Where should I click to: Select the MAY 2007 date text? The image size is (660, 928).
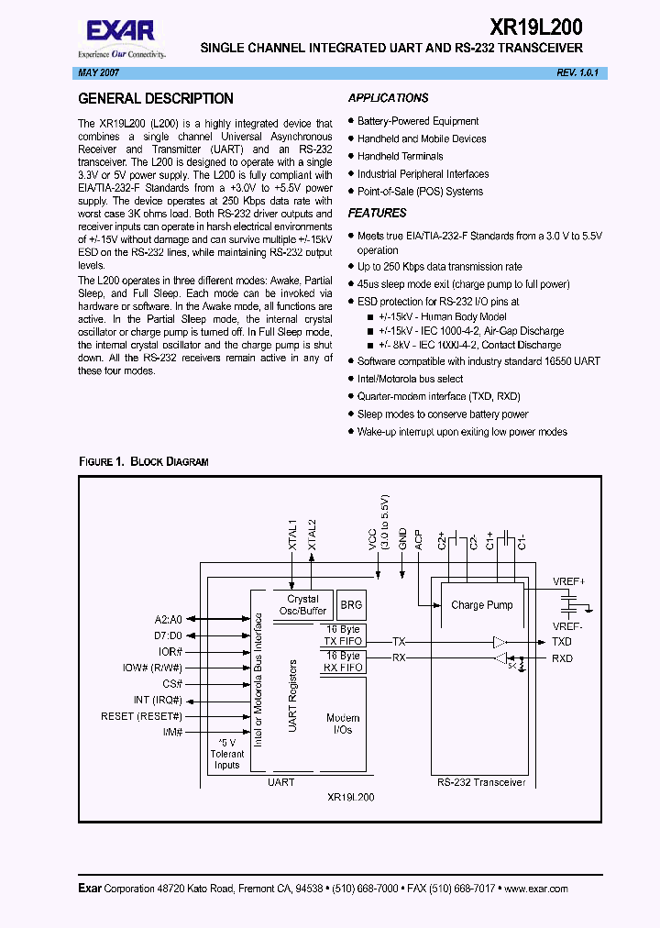pyautogui.click(x=95, y=72)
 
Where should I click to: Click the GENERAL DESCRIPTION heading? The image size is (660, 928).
pyautogui.click(x=156, y=99)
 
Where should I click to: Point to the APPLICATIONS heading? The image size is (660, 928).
pyautogui.click(x=388, y=98)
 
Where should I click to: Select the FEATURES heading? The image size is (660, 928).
pyautogui.click(x=377, y=213)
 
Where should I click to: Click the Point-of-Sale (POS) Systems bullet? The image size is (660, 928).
pyautogui.click(x=420, y=192)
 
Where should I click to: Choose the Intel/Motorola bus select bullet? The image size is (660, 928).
pyautogui.click(x=410, y=379)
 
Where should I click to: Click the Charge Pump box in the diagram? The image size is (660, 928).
pyautogui.click(x=481, y=605)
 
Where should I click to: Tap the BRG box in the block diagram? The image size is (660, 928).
pyautogui.click(x=351, y=605)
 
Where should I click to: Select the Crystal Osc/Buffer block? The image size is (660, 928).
pyautogui.click(x=302, y=605)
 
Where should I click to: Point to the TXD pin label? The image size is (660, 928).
pyautogui.click(x=562, y=642)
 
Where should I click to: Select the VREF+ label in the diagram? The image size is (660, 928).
pyautogui.click(x=569, y=581)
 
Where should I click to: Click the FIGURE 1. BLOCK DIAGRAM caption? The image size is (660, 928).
pyautogui.click(x=143, y=461)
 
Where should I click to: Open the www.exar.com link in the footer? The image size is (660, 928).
pyautogui.click(x=536, y=889)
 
